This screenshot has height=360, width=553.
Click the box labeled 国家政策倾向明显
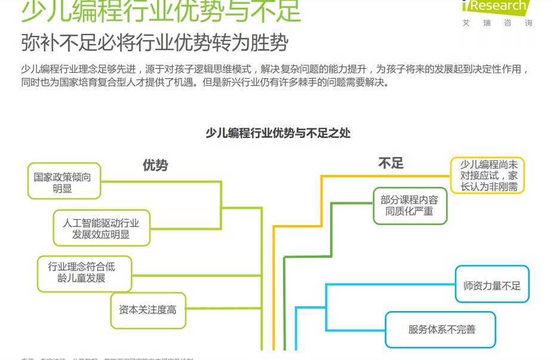point(64,181)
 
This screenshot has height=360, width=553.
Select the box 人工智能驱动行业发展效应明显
point(101,227)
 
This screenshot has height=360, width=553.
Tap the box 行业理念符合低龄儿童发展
point(84,273)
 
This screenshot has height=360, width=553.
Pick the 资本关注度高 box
point(148,310)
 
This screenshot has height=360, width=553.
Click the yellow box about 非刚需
point(487,176)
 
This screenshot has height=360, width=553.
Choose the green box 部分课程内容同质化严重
point(410,206)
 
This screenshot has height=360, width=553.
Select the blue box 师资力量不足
point(491,285)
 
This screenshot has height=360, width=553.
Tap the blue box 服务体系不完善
point(440,330)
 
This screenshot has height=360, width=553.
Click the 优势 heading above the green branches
point(155,165)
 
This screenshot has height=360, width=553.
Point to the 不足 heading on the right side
point(391,163)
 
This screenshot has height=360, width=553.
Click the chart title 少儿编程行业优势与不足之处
point(278,133)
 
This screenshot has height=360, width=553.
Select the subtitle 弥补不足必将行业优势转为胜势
point(155,42)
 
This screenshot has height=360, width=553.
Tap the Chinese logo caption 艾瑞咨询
point(497,23)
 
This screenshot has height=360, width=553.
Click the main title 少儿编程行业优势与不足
point(161,10)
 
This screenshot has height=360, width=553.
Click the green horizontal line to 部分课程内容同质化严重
point(352,203)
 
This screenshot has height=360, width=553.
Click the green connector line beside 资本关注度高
point(224,310)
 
